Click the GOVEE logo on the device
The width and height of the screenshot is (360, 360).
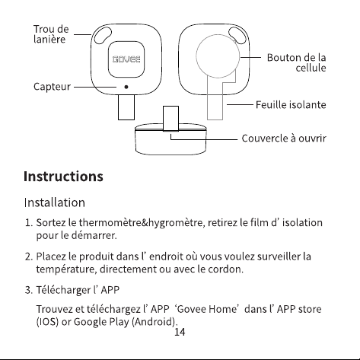[x=126, y=59]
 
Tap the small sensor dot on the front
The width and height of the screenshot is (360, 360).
[x=126, y=87]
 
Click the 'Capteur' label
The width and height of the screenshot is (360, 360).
[x=52, y=87]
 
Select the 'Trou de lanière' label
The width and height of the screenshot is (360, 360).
[x=51, y=34]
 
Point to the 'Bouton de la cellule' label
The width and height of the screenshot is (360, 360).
[x=296, y=62]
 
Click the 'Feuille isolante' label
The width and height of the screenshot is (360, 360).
[x=291, y=105]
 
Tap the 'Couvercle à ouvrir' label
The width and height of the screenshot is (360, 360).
[x=284, y=139]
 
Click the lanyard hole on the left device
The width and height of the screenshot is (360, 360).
[x=103, y=35]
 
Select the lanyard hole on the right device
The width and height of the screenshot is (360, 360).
[x=237, y=35]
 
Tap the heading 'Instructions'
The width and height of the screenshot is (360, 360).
[x=63, y=176]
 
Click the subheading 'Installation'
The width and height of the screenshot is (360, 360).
[x=55, y=202]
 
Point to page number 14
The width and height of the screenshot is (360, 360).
[x=180, y=332]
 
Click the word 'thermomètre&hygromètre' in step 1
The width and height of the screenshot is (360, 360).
[x=142, y=222]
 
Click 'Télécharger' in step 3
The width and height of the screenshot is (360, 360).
[x=63, y=290]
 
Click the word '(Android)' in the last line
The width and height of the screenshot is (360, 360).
[x=154, y=322]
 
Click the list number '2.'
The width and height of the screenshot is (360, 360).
[x=29, y=256]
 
